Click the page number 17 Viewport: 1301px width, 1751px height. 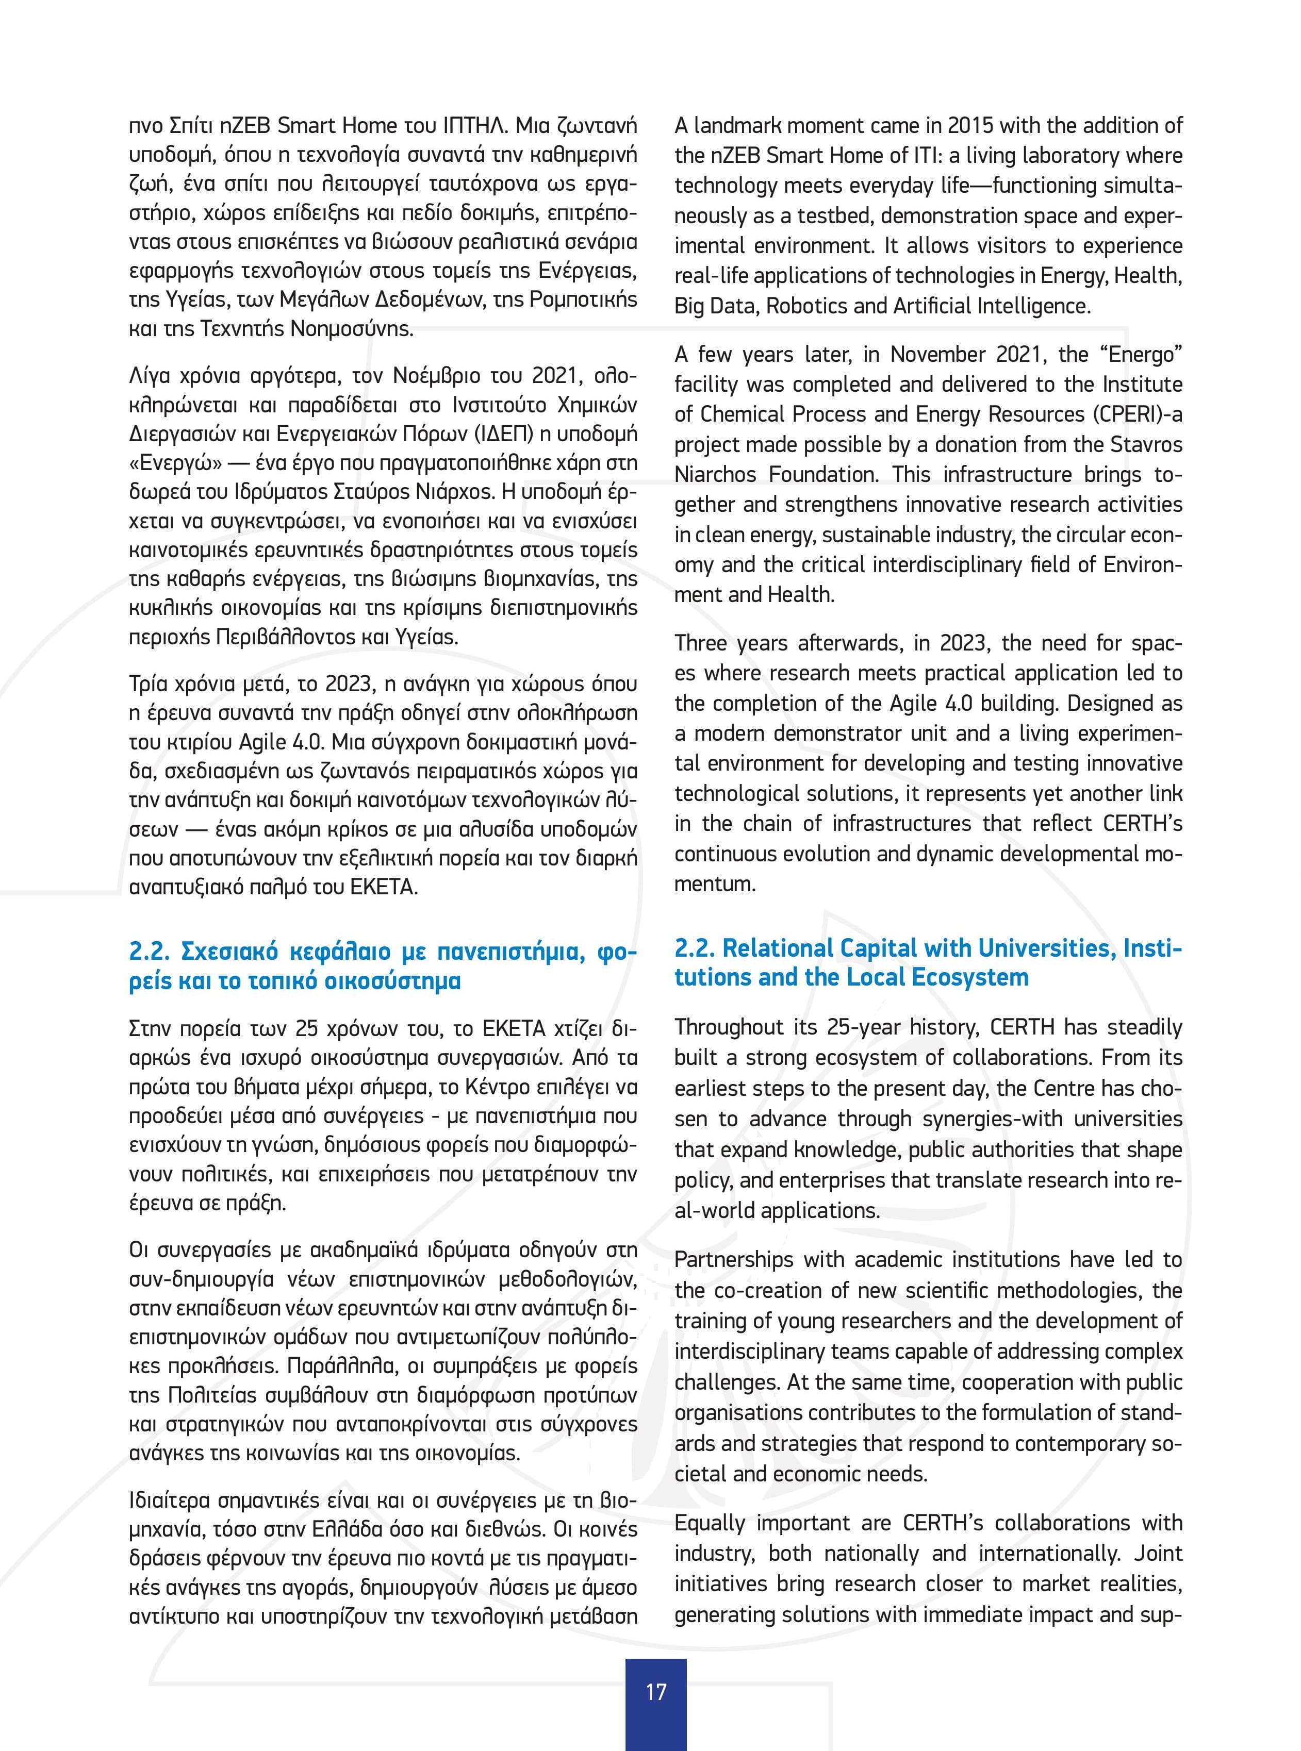pos(655,1692)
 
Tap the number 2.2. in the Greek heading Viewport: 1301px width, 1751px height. pos(150,952)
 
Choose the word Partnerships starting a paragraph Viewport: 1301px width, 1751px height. pos(733,1260)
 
